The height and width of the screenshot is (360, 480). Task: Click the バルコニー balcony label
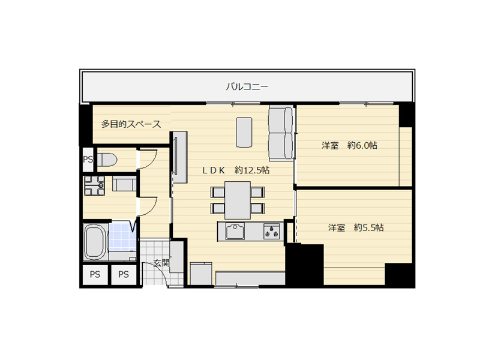point(247,87)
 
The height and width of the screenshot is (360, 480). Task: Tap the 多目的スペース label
point(131,124)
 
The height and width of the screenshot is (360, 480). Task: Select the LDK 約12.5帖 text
point(236,170)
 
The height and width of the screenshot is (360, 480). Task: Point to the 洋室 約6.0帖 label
point(349,145)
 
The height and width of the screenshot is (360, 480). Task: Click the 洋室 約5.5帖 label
point(356,227)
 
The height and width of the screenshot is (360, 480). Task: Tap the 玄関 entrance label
point(161,262)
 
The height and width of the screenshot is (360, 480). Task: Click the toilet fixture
point(107,159)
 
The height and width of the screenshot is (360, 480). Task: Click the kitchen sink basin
point(235,231)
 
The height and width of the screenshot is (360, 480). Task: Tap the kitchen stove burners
point(272,231)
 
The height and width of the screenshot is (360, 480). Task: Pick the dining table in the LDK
point(238,200)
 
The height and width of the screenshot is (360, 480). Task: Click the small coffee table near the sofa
point(244,132)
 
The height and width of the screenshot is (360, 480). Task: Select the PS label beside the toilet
point(88,160)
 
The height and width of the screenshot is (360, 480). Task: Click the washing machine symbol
point(94,185)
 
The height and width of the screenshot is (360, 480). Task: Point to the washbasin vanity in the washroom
point(124,184)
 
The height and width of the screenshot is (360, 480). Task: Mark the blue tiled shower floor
point(122,236)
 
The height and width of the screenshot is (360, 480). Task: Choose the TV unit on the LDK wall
point(179,157)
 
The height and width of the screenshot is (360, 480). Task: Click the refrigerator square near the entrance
point(201,274)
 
